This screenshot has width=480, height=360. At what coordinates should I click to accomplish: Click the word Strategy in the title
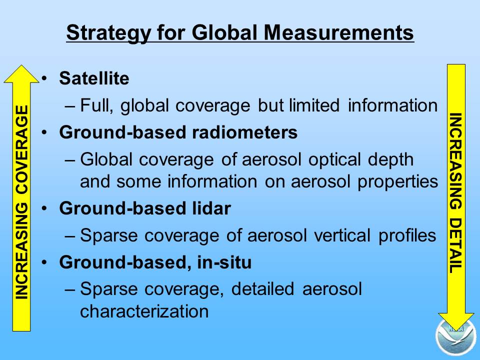pos(108,33)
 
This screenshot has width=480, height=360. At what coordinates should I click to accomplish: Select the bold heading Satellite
pos(94,78)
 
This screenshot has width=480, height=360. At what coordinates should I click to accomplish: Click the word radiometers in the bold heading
pos(244,132)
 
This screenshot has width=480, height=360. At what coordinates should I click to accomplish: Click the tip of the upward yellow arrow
pos(21,65)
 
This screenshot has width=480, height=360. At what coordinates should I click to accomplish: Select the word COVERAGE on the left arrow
pos(21,149)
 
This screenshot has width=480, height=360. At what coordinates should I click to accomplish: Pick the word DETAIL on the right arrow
pos(456,245)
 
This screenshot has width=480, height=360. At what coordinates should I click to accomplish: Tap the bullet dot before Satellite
pos(44,78)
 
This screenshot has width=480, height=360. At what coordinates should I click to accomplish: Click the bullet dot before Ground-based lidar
pos(44,208)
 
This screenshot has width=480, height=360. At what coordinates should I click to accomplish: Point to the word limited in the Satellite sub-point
pos(314,105)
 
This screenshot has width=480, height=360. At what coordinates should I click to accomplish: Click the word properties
pos(398,182)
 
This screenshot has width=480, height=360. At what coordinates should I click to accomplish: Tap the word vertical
pos(342,235)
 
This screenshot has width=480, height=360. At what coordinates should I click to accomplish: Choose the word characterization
pos(144,311)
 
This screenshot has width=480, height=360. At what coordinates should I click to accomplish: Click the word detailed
pos(262,288)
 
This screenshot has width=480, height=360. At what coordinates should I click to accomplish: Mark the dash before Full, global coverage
pos(70,106)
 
